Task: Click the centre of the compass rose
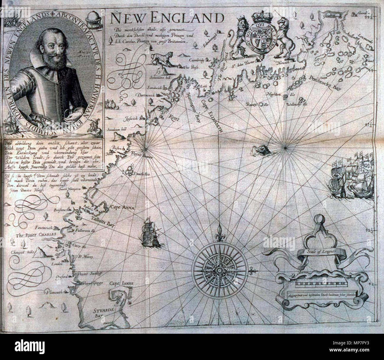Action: [x=219, y=269]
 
